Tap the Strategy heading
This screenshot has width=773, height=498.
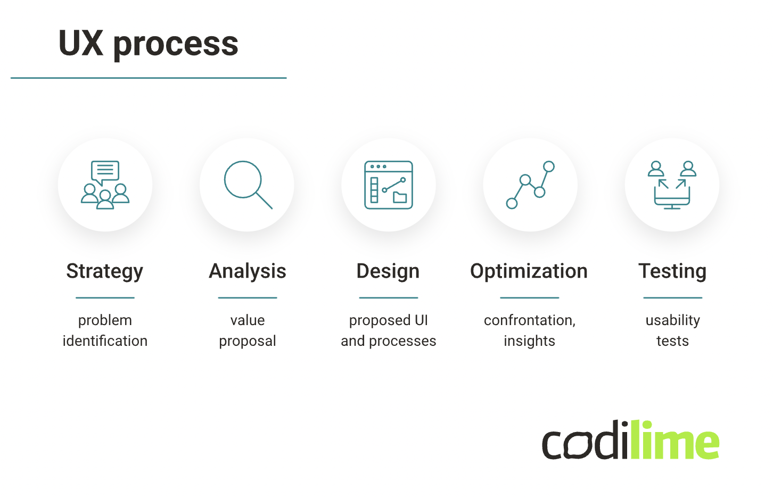104,271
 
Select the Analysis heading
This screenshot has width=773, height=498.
248,271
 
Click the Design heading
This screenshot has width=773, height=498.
388,271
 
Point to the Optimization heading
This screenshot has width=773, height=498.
529,271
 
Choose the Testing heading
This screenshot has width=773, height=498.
672,271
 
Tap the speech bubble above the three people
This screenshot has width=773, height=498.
105,172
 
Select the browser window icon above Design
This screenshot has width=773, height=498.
389,185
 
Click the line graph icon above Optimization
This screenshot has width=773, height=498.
530,185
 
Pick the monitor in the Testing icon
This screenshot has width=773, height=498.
672,198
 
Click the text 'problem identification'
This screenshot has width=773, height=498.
105,330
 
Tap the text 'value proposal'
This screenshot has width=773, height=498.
248,330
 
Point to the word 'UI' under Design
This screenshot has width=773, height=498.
421,320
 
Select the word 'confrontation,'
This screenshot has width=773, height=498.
530,320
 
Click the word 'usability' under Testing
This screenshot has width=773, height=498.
673,320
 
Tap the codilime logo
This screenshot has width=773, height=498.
630,439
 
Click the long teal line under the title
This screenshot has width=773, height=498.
149,78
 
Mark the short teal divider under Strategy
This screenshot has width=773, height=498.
105,297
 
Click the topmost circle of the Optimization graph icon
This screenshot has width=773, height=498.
549,167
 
